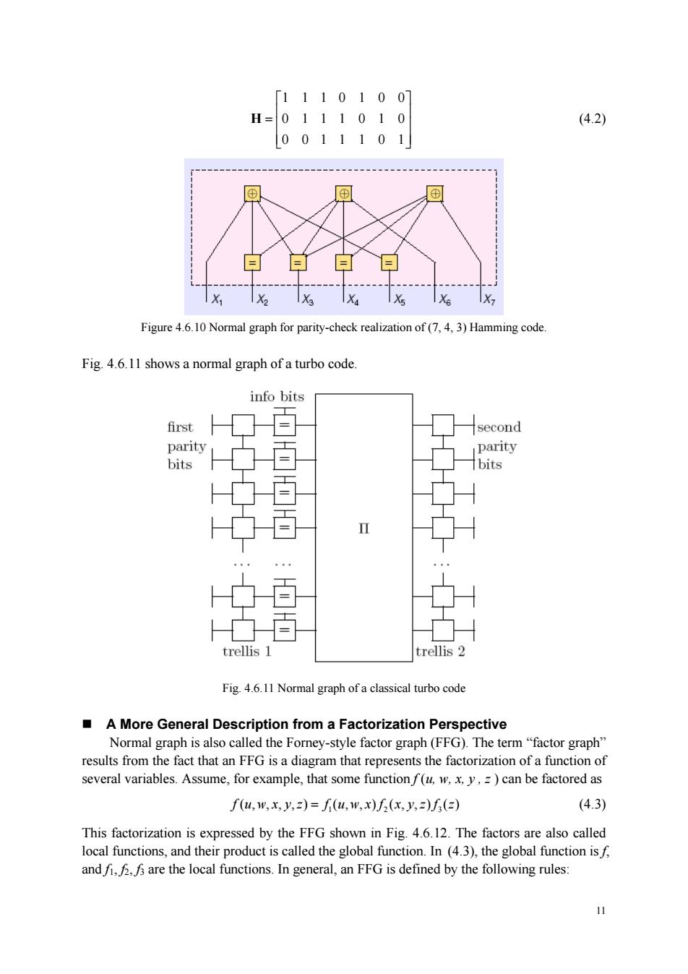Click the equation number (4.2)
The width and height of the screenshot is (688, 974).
(x=592, y=119)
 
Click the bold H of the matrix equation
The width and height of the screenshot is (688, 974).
(x=256, y=119)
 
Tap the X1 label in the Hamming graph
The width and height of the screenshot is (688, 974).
(x=217, y=299)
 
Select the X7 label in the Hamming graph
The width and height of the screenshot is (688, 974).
(x=489, y=299)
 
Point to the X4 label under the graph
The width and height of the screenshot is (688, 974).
(x=353, y=299)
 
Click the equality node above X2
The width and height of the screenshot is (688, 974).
(x=252, y=262)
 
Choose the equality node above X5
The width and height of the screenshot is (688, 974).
(x=389, y=262)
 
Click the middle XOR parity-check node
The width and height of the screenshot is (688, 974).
(x=344, y=194)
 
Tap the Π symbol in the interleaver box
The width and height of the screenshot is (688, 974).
(x=364, y=529)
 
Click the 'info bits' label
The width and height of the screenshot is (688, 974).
(x=277, y=396)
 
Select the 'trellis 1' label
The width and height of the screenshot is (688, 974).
(x=247, y=652)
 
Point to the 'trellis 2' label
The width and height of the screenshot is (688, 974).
(x=440, y=652)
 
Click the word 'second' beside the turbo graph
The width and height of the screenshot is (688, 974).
(x=499, y=427)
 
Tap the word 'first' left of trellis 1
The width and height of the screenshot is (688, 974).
(x=180, y=427)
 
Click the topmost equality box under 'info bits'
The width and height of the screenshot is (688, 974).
(x=284, y=425)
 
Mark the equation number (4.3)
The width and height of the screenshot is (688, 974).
(x=592, y=804)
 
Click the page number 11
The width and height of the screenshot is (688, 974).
(x=601, y=910)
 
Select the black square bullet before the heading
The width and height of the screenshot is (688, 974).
(x=87, y=724)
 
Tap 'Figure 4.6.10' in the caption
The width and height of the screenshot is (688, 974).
(x=173, y=328)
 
